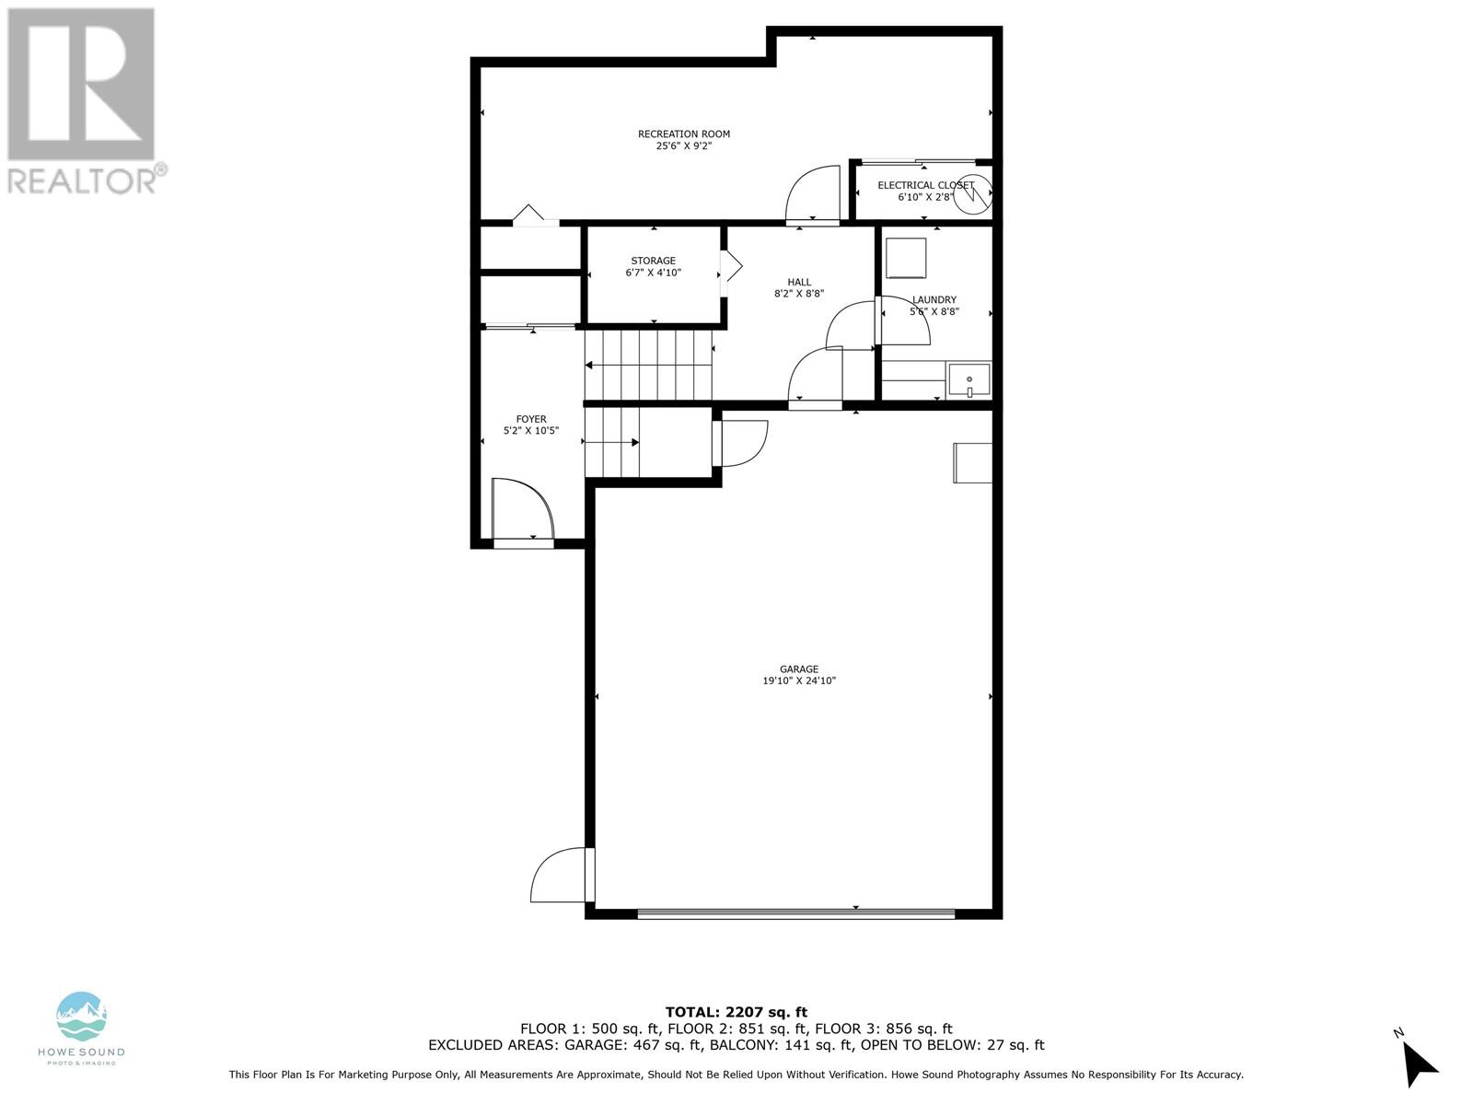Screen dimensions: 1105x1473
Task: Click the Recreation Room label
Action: (683, 134)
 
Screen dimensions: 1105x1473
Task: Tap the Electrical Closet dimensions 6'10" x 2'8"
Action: (925, 196)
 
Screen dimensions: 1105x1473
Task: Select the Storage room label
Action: (653, 261)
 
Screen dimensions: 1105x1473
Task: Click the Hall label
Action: (799, 283)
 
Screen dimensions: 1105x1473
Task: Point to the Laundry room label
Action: (934, 299)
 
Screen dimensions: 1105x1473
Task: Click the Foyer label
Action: (530, 419)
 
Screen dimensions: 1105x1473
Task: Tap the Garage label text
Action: (798, 669)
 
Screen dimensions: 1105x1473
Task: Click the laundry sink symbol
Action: (969, 380)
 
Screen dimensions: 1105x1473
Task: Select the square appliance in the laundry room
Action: (906, 258)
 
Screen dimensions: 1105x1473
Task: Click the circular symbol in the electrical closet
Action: (972, 194)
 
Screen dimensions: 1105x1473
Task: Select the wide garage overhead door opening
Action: (796, 913)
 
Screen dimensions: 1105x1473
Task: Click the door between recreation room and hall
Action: (814, 195)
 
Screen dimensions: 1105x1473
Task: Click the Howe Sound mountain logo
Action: (81, 1016)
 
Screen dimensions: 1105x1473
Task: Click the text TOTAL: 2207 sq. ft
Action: (736, 1012)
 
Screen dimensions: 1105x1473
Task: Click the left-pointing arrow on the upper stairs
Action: (590, 366)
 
